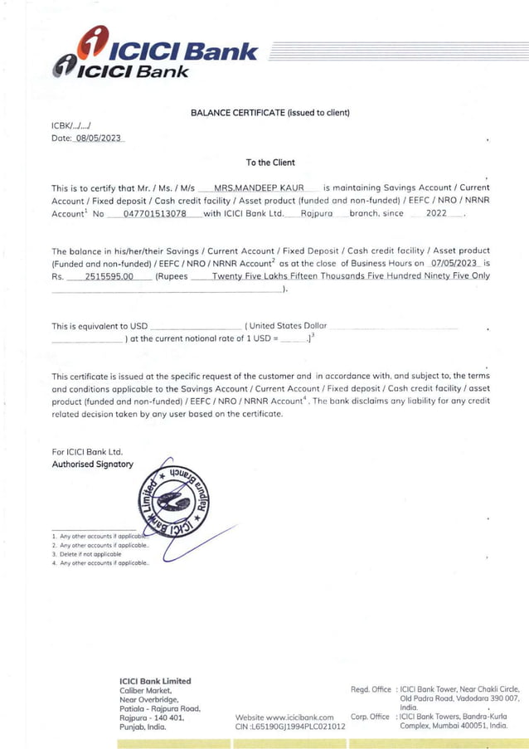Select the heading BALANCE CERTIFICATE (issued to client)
[x=269, y=112]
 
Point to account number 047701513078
[x=154, y=214]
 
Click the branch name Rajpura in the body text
[x=316, y=214]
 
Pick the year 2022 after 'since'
[x=435, y=214]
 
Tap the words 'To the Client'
[x=270, y=163]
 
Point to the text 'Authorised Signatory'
[x=92, y=464]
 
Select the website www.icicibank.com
[x=284, y=717]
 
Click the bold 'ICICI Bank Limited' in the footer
[x=155, y=681]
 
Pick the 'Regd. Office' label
[x=371, y=689]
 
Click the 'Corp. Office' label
[x=370, y=717]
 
